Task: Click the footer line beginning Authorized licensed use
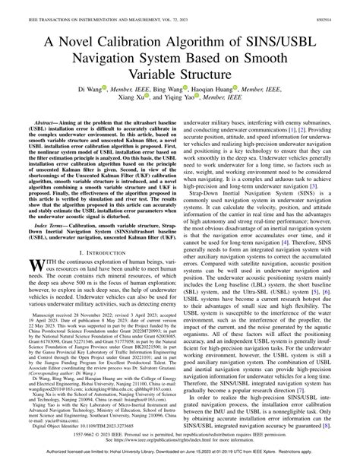click(180, 459)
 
